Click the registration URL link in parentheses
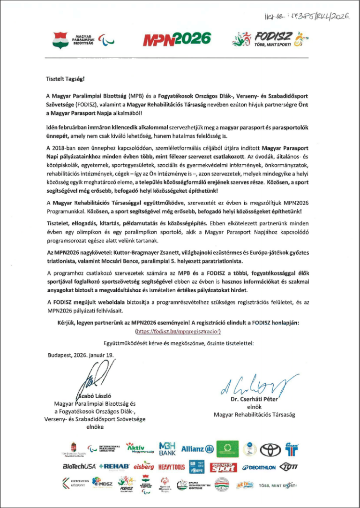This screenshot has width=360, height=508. point(180,331)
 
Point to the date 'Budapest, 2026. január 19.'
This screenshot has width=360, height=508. point(81,355)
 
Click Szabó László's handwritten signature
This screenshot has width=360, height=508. point(97,377)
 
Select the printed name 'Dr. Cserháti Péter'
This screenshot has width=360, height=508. point(255,399)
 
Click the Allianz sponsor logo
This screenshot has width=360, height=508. point(197,449)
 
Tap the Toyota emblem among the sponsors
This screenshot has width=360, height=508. point(270,450)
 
